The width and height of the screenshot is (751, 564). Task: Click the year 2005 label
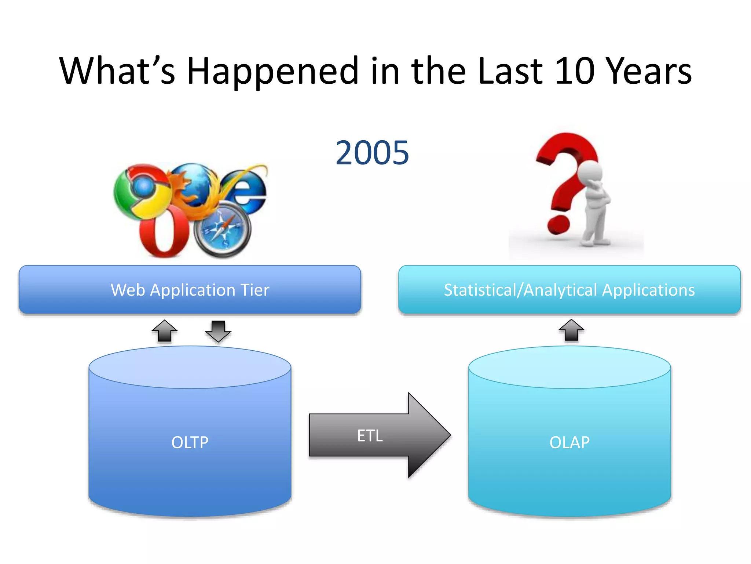point(372,153)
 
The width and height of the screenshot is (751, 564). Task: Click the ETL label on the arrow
point(370,436)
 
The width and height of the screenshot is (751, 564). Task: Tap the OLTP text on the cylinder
point(190,442)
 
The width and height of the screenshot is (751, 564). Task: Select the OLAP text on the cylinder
point(569,442)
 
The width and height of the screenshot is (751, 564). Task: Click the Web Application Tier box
point(190,290)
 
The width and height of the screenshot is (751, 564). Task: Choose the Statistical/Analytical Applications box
point(569,290)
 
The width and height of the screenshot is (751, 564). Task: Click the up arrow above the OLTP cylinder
point(165,331)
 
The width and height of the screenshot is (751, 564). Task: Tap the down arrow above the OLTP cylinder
point(218,331)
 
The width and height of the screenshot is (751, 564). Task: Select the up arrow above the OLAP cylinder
point(571,330)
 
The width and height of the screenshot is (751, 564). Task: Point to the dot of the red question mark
point(558,224)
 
